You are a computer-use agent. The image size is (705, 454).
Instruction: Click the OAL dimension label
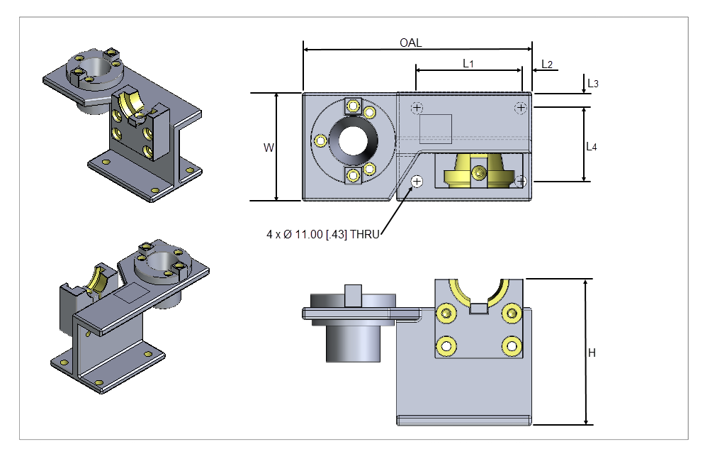click(410, 43)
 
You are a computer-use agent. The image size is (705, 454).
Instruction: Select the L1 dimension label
click(468, 64)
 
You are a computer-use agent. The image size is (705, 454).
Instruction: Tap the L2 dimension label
click(547, 64)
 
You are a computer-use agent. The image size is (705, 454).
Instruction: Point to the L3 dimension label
click(593, 84)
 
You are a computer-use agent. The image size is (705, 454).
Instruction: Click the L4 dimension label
click(592, 147)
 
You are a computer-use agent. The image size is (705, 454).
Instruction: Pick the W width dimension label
click(269, 148)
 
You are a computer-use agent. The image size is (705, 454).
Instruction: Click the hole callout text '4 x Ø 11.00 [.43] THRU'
click(322, 233)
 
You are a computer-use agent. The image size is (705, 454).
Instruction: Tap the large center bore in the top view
click(353, 140)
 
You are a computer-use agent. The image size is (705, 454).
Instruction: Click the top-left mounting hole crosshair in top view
click(417, 108)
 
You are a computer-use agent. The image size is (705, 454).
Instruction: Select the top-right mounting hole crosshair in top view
click(521, 108)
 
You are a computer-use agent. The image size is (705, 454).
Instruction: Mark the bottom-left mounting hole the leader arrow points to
click(417, 182)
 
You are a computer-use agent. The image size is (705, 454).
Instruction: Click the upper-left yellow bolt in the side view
click(446, 313)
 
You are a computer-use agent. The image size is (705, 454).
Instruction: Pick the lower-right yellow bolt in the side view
click(511, 345)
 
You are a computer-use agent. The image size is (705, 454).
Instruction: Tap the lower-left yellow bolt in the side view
click(446, 345)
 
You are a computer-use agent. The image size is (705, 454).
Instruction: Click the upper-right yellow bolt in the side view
click(511, 313)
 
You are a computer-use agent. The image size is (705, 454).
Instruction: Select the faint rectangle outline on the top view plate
click(436, 129)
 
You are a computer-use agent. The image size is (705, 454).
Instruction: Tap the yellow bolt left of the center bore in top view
click(321, 140)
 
